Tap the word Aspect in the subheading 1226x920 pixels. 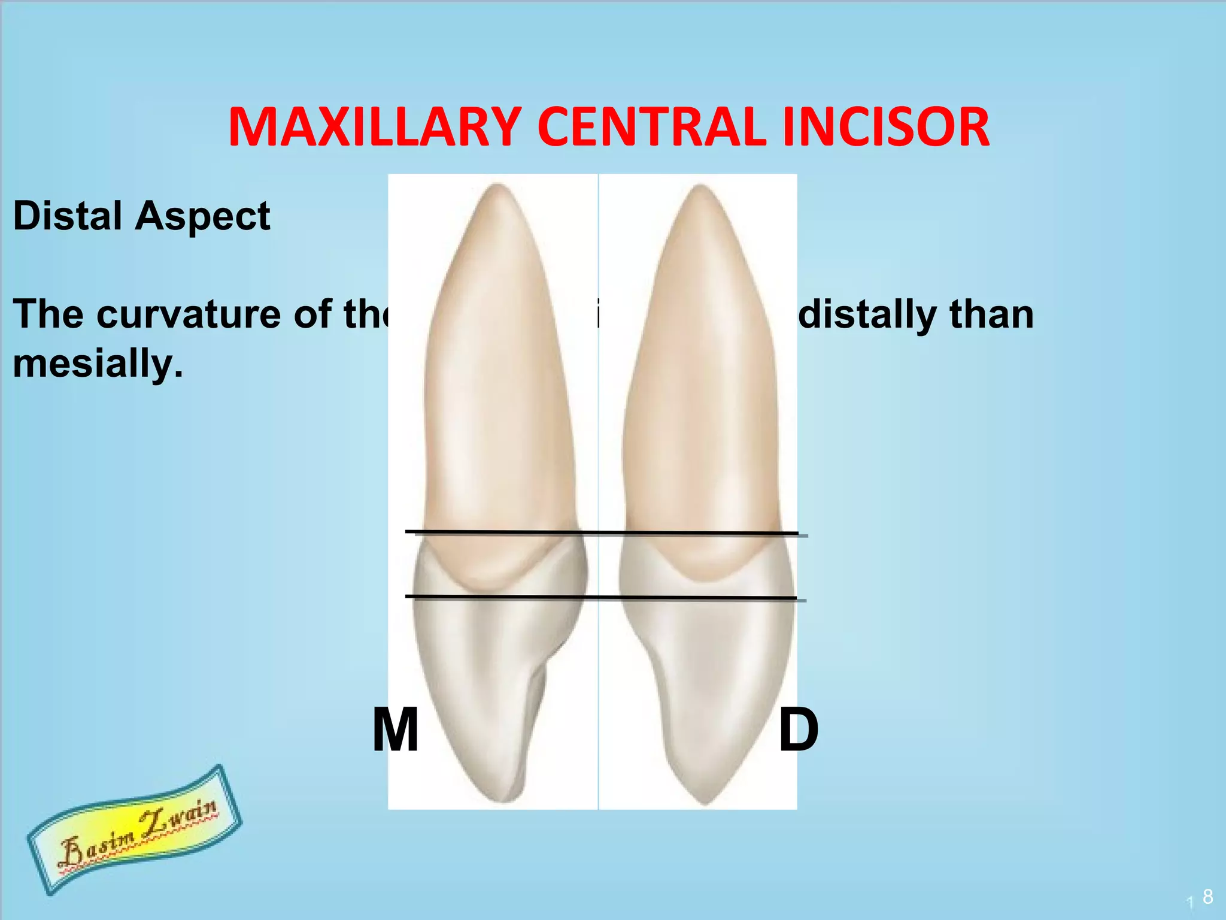[202, 217]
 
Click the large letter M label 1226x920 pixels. [395, 731]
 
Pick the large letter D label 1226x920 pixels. [798, 731]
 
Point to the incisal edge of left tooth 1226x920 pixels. [506, 800]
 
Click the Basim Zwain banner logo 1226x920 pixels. [135, 830]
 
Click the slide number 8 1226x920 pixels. [1207, 896]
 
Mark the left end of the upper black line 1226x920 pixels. [408, 531]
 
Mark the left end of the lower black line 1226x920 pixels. [408, 596]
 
